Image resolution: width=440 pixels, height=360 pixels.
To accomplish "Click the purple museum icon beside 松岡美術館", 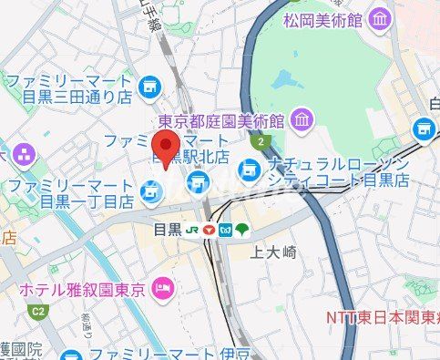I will [x=380, y=18].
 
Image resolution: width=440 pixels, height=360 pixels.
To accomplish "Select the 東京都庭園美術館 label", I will [x=221, y=120].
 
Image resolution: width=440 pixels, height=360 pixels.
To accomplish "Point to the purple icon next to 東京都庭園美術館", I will [x=302, y=118].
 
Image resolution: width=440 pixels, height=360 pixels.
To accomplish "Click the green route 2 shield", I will [x=262, y=143].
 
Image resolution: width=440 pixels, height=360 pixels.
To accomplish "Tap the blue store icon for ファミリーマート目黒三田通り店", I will [x=151, y=89].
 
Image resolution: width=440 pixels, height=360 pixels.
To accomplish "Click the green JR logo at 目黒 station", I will [x=193, y=231].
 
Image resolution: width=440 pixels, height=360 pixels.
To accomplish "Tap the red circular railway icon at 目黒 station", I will [x=210, y=231].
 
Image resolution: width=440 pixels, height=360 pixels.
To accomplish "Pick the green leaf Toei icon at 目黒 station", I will [x=241, y=231].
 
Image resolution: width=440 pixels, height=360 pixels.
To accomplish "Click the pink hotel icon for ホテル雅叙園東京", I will [x=163, y=290].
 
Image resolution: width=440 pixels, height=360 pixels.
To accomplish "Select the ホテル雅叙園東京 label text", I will [x=83, y=291].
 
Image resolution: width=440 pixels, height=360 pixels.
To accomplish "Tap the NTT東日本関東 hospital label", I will [x=383, y=317].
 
